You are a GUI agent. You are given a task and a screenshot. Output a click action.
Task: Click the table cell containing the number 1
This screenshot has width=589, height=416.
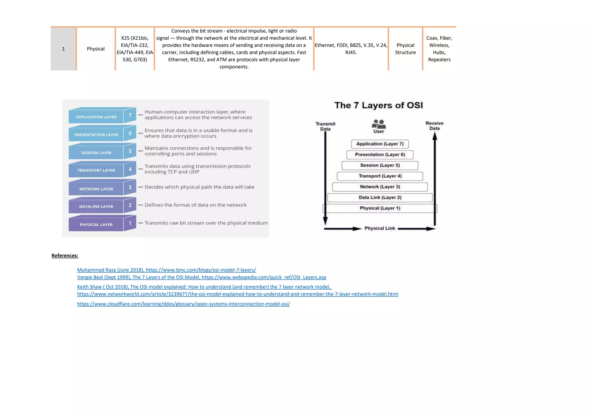63,49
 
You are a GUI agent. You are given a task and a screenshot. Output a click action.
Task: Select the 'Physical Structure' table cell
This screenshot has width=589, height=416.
405,49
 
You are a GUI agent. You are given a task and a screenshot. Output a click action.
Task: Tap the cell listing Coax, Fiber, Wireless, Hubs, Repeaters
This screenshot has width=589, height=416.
439,49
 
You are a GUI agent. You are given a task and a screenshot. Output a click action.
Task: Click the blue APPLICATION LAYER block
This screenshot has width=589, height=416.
96,117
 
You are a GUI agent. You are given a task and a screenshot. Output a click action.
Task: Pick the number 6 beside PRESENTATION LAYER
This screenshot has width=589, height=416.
130,133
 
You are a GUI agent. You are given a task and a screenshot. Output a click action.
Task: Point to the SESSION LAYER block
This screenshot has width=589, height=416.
96,153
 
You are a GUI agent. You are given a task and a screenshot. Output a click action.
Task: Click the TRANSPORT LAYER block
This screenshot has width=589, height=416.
96,170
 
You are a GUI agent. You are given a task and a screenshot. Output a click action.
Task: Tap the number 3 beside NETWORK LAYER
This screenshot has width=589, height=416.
130,187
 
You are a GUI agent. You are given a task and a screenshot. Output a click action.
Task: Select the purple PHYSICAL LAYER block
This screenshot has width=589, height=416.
96,224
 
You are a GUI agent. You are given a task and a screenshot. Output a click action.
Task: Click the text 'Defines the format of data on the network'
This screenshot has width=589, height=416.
196,205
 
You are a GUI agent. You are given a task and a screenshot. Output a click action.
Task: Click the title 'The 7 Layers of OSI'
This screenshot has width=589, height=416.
378,105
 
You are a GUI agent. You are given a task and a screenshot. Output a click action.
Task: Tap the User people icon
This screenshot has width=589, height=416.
379,124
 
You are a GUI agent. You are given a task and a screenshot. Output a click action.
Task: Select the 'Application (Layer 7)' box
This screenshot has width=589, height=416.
380,144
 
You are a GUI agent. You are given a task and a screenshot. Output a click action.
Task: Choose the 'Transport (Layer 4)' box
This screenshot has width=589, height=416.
380,176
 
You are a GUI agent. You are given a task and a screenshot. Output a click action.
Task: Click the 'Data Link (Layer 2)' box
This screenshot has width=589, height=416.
380,197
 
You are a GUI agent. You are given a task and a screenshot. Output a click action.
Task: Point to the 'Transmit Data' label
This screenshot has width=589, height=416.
325,126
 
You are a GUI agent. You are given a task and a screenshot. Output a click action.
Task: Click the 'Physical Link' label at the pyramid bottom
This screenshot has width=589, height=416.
380,228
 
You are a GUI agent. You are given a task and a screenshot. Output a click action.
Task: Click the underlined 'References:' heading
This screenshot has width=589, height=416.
65,256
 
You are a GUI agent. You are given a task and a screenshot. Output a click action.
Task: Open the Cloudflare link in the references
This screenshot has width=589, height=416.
183,304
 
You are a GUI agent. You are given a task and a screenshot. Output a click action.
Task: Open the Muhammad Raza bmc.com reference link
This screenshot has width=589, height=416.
166,270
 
